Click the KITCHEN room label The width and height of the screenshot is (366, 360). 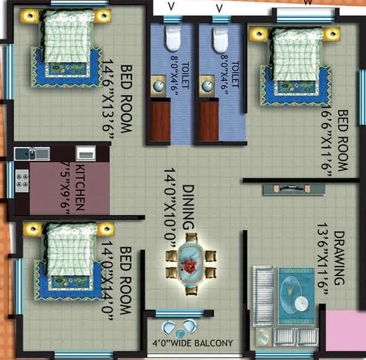coord(80,188)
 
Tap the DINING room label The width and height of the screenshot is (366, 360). coord(188,207)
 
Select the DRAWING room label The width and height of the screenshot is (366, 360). coord(339,258)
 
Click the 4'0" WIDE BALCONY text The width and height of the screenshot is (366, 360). coord(193,343)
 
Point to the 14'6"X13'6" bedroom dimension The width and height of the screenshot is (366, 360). coord(108,99)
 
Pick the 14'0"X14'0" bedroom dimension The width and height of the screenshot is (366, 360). coord(107,280)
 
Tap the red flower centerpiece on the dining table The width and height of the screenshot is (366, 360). coord(189,266)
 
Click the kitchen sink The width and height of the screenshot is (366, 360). coord(32,154)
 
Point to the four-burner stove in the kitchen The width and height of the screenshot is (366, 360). coord(22,181)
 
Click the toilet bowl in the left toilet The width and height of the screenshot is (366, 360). coord(173,38)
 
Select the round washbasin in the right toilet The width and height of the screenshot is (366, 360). coord(207,87)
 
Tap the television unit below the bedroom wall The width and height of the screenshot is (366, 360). coord(294,189)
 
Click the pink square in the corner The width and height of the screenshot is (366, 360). coord(346,331)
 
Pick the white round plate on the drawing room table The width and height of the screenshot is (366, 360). coord(301,303)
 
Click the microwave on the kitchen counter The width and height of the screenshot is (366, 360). coord(86,153)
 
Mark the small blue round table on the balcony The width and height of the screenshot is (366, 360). coord(179,333)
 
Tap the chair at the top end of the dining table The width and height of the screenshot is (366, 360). coord(191,237)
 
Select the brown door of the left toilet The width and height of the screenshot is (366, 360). coord(160,121)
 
